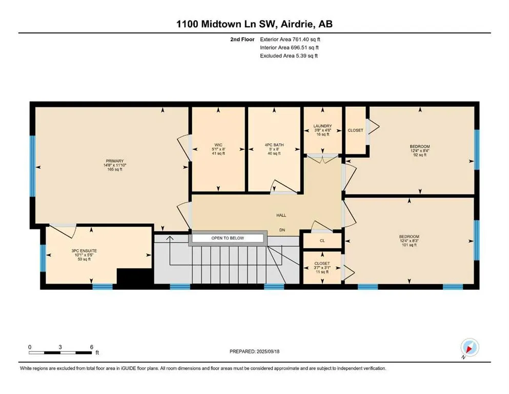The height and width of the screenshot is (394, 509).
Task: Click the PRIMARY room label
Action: [x=115, y=161]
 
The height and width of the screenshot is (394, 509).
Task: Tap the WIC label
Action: [x=218, y=145]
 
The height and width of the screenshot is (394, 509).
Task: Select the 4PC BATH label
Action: [x=274, y=145]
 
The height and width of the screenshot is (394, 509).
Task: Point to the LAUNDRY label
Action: [x=322, y=126]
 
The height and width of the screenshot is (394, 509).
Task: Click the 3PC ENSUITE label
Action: [x=84, y=251]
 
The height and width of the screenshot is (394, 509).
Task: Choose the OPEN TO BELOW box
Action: [x=228, y=238]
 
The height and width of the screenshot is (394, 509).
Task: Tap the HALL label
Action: [x=281, y=215]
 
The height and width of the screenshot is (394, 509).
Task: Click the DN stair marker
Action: [x=282, y=230]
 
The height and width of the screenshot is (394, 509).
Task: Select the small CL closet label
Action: [x=322, y=241]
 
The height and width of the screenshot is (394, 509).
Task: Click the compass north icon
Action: [x=470, y=347]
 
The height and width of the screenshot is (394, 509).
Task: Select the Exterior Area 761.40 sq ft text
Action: [x=290, y=40]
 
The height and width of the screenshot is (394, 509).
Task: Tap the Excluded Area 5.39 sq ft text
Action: [x=289, y=56]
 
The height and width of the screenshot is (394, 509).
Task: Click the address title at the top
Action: [x=254, y=24]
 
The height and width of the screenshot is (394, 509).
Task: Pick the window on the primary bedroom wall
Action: [x=32, y=166]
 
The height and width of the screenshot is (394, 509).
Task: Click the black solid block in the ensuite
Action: [x=135, y=277]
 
